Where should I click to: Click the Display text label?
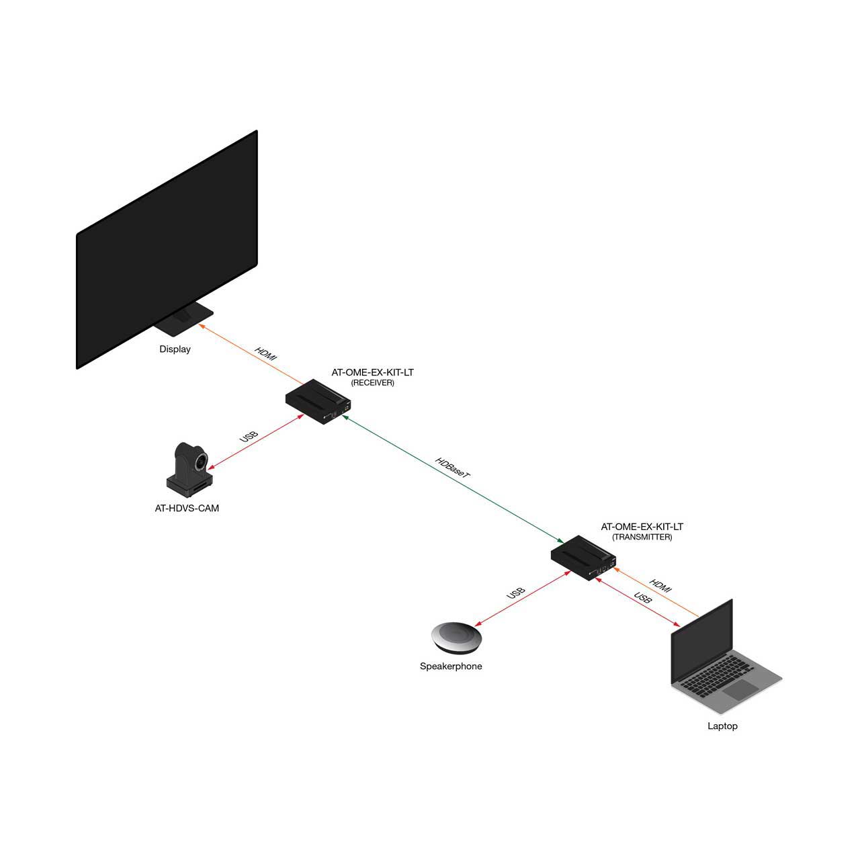pos(175,349)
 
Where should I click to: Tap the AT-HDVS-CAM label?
pos(187,508)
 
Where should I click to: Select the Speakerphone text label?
pos(451,666)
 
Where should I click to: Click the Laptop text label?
pos(722,726)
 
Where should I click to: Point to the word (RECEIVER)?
pos(373,383)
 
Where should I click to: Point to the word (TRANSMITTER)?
pos(642,537)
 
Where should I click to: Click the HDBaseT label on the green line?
pos(452,468)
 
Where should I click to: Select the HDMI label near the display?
pos(265,353)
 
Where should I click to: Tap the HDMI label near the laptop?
pos(660,586)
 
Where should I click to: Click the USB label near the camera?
pos(249,437)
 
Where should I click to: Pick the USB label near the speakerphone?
pos(516,593)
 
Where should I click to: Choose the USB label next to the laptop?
pos(643,597)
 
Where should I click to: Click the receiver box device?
pos(318,401)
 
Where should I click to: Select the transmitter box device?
pos(583,558)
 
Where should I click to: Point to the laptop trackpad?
pos(741,690)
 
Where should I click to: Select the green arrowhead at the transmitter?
pos(561,540)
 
